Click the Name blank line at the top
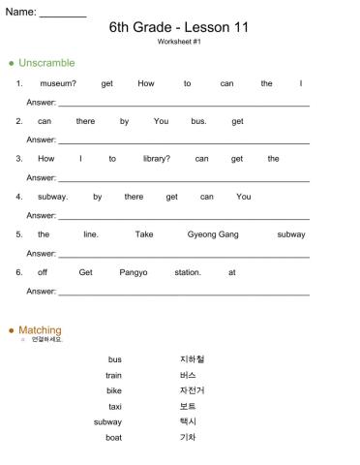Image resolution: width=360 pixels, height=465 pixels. (x=63, y=15)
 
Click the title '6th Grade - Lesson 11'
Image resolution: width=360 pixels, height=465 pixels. (x=179, y=27)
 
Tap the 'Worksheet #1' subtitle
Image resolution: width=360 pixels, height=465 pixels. (x=179, y=43)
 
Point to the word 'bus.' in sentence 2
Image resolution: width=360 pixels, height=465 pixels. (x=199, y=121)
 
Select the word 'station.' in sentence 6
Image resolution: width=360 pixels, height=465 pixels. (x=188, y=272)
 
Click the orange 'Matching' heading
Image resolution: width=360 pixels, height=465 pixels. (x=40, y=330)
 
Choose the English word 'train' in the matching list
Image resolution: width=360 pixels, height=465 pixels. (x=114, y=375)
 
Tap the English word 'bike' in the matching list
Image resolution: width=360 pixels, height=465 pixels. (x=114, y=390)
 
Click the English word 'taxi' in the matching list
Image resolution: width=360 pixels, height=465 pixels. (x=115, y=406)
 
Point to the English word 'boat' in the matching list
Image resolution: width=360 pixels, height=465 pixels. (x=114, y=437)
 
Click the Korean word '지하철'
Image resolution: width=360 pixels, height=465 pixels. (x=192, y=359)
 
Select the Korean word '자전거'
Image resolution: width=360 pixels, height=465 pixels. (x=192, y=390)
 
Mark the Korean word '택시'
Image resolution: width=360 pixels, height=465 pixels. (x=188, y=421)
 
